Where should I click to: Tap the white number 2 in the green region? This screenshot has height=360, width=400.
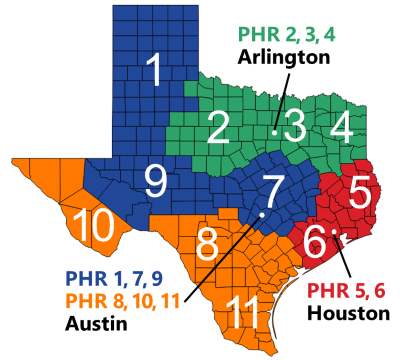[219, 126]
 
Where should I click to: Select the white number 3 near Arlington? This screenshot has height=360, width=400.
[295, 126]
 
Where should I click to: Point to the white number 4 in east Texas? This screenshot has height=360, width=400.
[342, 126]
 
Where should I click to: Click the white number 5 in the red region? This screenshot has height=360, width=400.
[360, 186]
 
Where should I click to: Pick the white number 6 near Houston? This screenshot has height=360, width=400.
[313, 239]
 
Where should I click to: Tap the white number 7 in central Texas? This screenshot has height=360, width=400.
[271, 186]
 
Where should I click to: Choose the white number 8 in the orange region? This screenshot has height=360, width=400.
[208, 241]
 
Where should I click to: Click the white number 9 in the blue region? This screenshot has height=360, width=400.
[155, 180]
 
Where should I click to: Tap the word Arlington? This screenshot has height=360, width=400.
[283, 58]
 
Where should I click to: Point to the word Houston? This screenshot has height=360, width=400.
[347, 313]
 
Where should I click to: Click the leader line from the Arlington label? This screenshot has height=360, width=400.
[277, 100]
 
